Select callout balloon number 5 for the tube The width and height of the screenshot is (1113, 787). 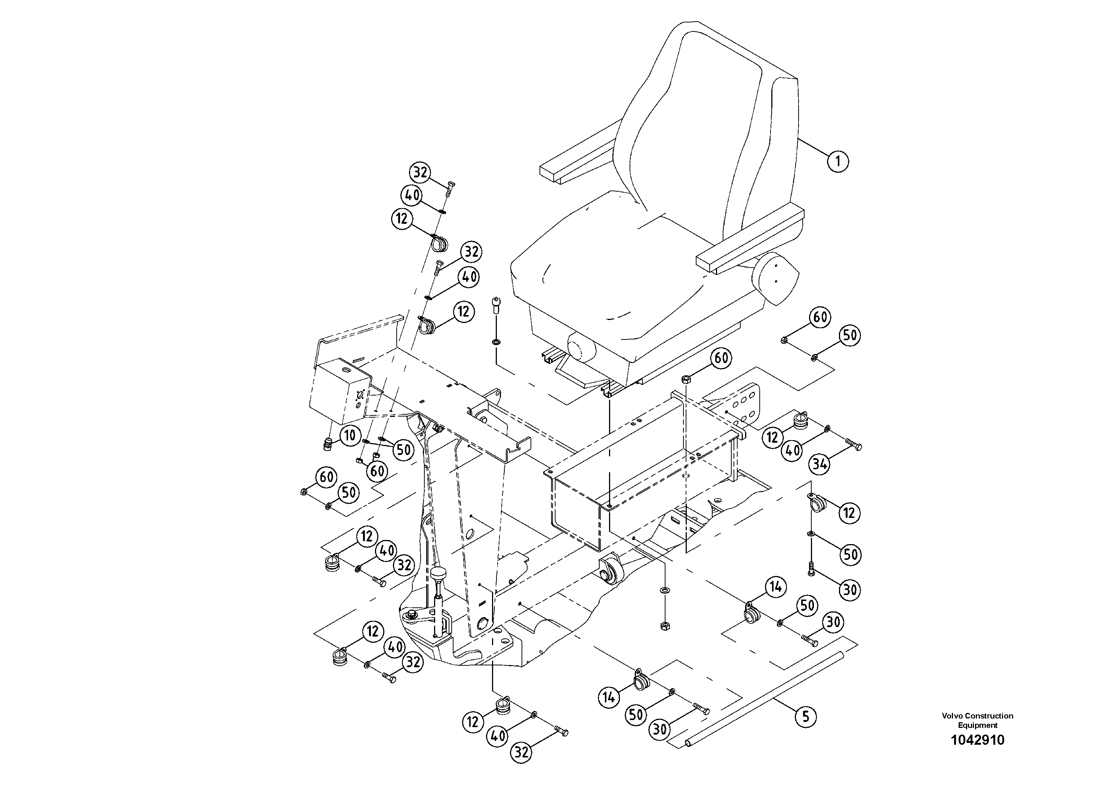point(806,716)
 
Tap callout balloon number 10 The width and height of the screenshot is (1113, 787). point(350,435)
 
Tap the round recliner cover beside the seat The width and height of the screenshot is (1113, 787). point(775,279)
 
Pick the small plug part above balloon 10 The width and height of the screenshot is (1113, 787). point(328,443)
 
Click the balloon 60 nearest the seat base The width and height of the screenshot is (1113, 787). point(721,358)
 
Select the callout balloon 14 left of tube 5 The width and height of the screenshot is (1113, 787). point(609,697)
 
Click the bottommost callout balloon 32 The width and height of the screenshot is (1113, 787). point(521,753)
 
